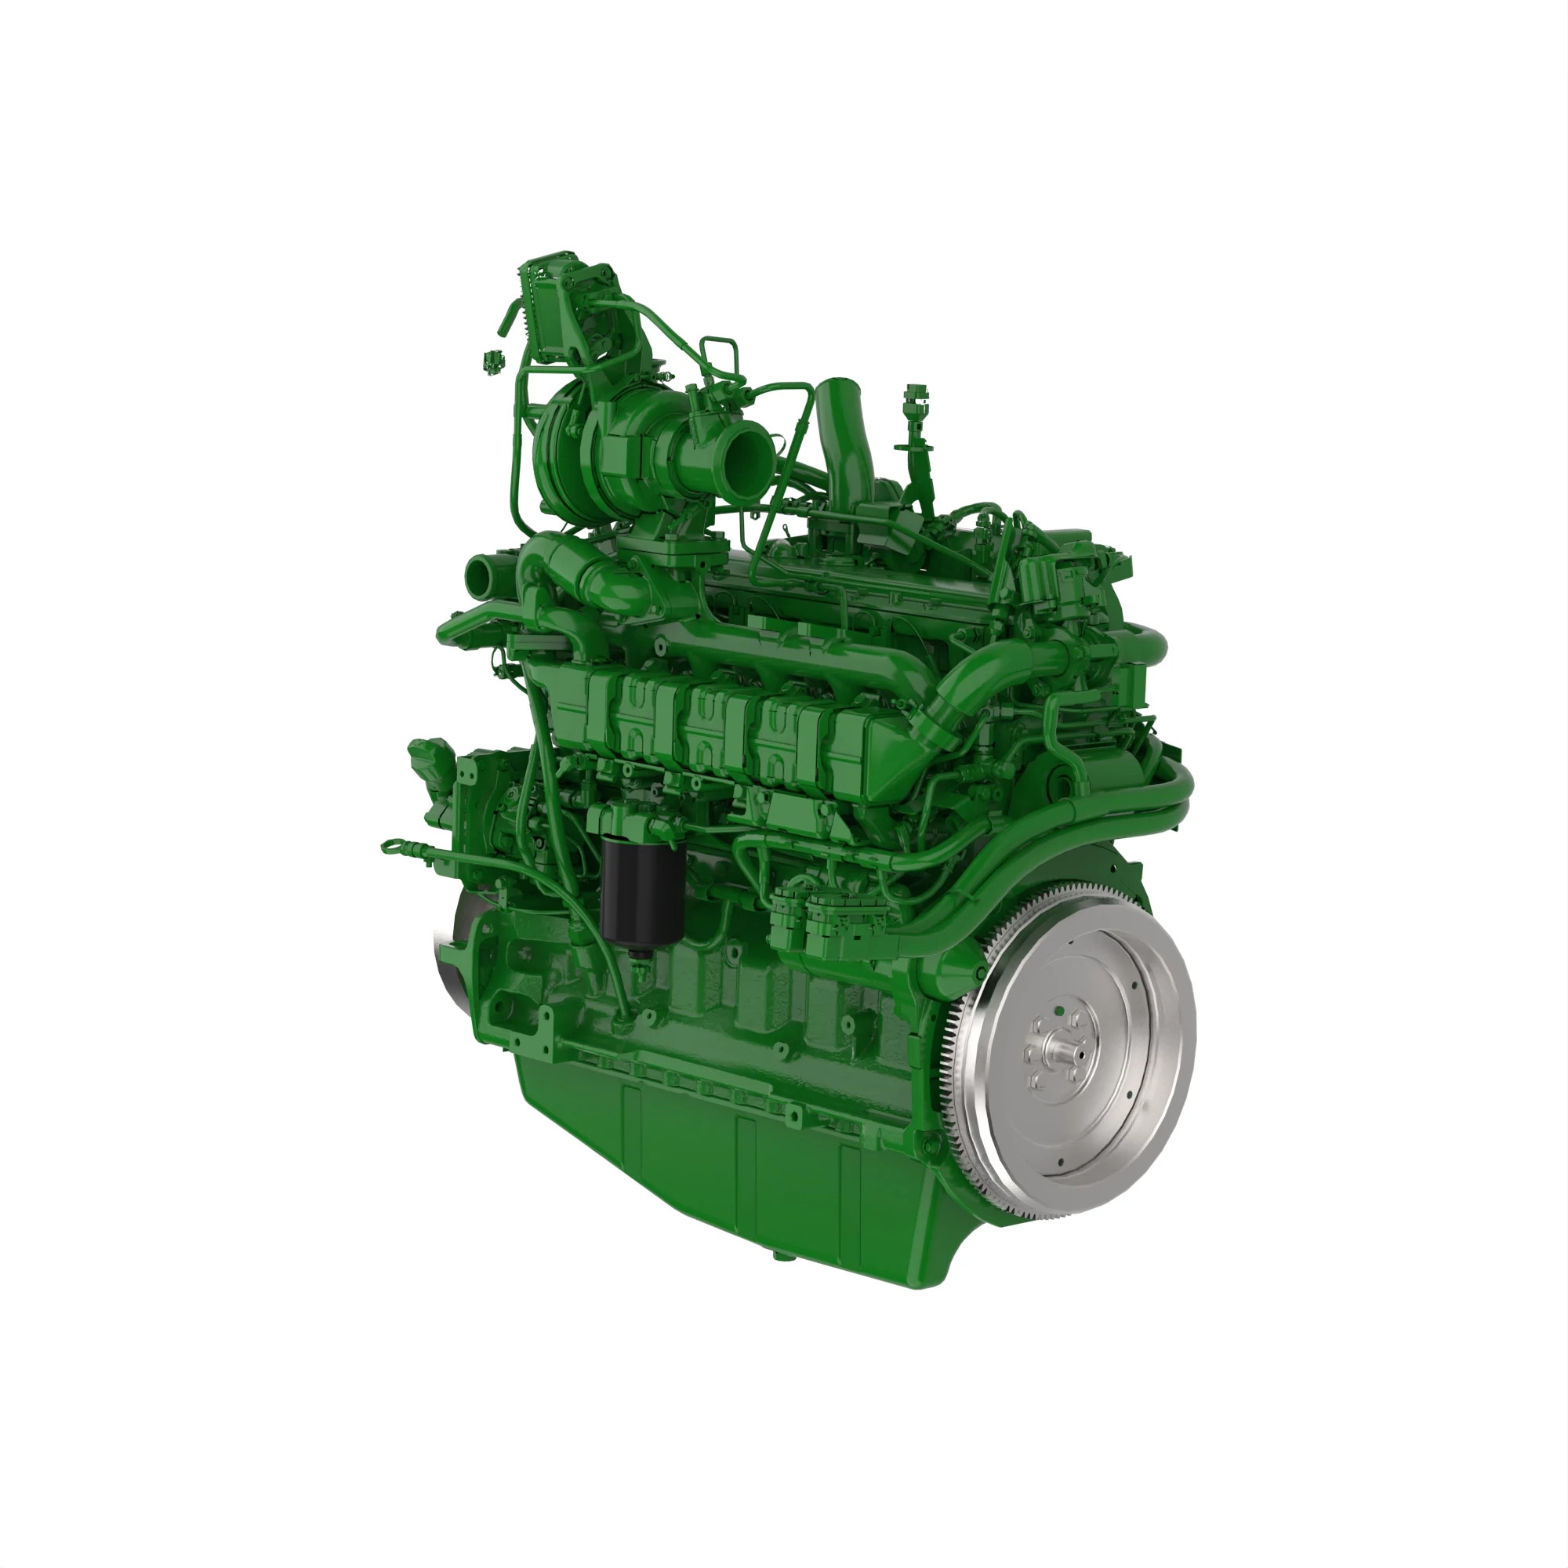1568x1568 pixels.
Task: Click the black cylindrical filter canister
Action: (642, 890)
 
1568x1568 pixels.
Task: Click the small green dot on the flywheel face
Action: (1059, 1011)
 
